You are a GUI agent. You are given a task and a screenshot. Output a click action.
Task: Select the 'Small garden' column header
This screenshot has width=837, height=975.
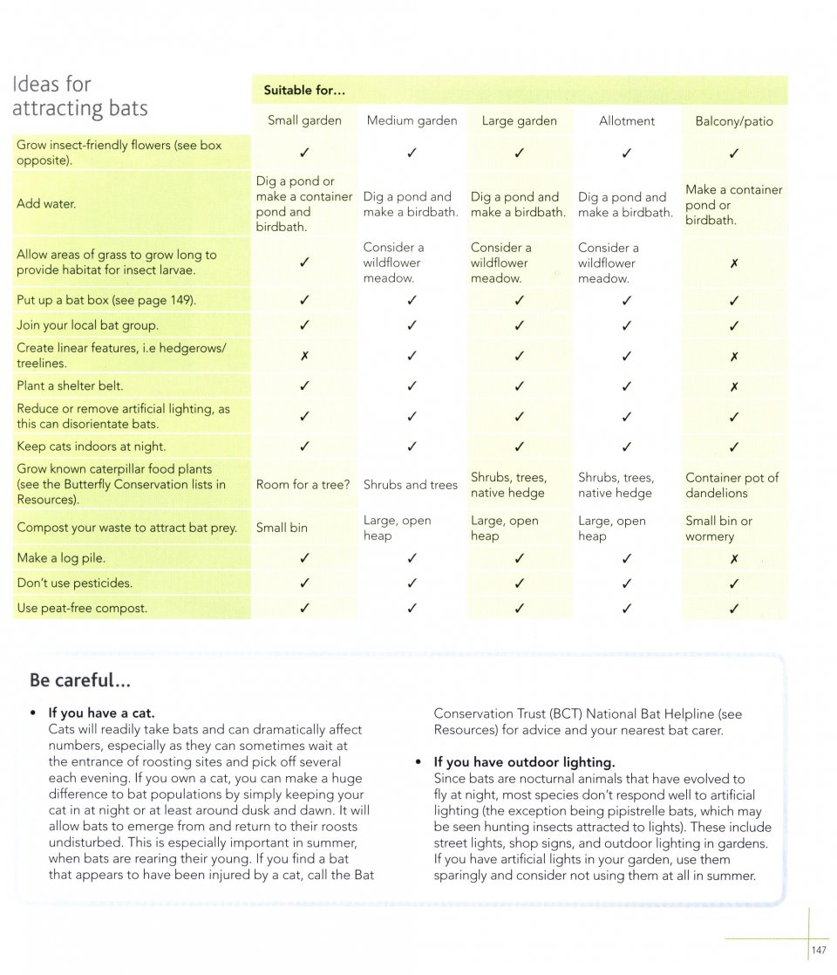tap(304, 121)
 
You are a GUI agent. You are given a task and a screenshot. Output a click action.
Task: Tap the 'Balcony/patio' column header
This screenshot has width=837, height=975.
tap(734, 121)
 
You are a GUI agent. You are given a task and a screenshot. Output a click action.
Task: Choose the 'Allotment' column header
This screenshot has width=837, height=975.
tap(627, 121)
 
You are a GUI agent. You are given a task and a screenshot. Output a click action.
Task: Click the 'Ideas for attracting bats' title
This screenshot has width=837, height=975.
tap(79, 96)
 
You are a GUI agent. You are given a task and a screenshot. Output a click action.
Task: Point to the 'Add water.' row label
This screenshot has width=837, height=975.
tap(47, 204)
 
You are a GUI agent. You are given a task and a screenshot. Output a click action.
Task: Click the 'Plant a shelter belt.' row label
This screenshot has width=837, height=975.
tap(70, 385)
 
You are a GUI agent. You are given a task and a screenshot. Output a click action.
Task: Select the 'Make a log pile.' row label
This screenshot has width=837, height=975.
tap(61, 558)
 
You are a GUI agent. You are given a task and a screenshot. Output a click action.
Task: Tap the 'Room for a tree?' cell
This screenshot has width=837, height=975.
tap(303, 485)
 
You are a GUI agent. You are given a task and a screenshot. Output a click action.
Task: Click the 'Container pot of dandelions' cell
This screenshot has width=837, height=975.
tap(732, 486)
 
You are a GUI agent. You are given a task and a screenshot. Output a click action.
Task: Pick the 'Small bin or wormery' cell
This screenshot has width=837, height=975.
tap(719, 528)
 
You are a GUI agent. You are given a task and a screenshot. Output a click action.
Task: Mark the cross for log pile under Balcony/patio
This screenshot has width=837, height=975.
tap(734, 559)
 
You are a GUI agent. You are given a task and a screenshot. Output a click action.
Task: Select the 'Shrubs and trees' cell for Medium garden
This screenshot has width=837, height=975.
tap(411, 485)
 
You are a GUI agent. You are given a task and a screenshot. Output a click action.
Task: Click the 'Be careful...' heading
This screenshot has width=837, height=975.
tap(80, 679)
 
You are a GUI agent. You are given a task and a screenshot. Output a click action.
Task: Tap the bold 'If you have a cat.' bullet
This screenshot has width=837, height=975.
tap(102, 713)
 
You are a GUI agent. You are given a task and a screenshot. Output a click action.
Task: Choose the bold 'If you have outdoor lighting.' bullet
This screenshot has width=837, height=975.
tap(524, 762)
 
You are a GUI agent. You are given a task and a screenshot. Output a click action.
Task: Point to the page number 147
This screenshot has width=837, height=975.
tap(819, 950)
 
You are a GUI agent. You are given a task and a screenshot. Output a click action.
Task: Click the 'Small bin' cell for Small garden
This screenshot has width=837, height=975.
tap(282, 528)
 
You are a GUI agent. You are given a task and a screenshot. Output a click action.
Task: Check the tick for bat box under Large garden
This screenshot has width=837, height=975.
tap(520, 301)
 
